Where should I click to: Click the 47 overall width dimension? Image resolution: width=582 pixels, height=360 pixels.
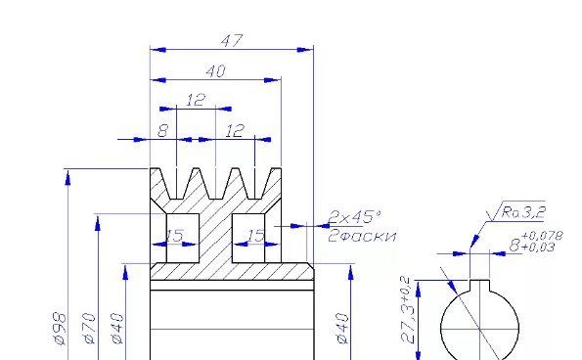[x=232, y=40]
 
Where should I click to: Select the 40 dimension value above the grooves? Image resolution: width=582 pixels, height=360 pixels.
[x=215, y=71]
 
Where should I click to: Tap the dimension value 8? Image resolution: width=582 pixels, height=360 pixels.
[x=163, y=130]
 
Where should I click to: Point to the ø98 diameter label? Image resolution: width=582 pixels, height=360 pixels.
[x=60, y=329]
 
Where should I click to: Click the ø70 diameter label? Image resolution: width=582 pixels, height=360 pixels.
[x=89, y=329]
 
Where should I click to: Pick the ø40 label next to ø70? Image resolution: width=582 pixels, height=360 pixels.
[x=117, y=329]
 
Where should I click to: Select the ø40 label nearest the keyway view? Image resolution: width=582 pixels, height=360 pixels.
[x=342, y=329]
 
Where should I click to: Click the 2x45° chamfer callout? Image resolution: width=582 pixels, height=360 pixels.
[x=355, y=217]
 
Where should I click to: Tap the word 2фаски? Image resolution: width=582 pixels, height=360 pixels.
[x=362, y=236]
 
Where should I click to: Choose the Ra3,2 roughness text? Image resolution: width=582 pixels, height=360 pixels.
[x=523, y=212]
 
